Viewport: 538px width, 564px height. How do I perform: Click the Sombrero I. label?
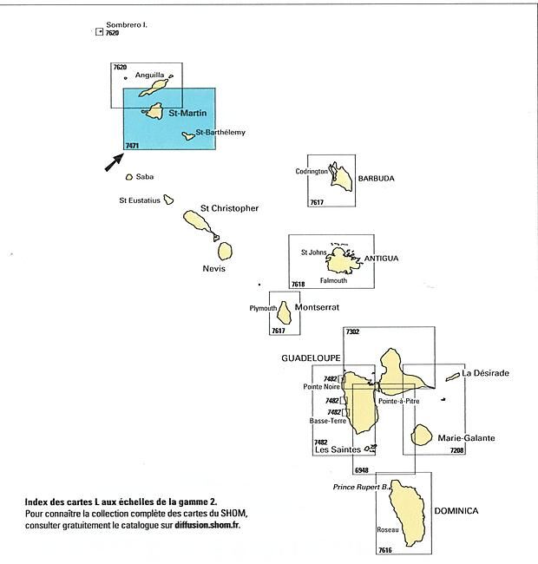coord(127,25)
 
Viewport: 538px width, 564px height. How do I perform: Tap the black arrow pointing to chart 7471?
coord(114,162)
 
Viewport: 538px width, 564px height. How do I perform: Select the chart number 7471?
coord(132,146)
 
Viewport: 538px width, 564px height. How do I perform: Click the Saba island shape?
coord(129,177)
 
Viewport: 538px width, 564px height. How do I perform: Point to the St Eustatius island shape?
coord(168,200)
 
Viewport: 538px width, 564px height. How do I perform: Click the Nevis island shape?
coord(225,251)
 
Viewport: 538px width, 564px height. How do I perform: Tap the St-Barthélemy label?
coord(220,132)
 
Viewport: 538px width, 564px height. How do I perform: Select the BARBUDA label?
coord(377,178)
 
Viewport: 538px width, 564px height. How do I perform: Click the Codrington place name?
coord(312,171)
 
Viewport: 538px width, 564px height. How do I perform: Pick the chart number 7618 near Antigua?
coord(299,284)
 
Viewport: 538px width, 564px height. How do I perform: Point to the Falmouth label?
coord(333,280)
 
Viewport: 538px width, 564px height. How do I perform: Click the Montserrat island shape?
coord(284,313)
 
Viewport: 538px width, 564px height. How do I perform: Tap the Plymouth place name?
coord(263,308)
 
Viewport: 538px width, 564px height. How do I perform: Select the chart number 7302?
coord(352,331)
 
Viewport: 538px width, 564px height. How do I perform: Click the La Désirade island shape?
coord(452,377)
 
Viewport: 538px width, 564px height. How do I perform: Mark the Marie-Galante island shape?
coord(422,435)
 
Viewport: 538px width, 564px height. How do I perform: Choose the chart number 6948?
coord(362,470)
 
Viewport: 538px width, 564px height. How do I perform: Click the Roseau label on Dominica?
coord(388,529)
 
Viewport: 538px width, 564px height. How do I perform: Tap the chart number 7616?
coord(384,550)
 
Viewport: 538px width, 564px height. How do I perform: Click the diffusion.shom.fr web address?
coord(207,525)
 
